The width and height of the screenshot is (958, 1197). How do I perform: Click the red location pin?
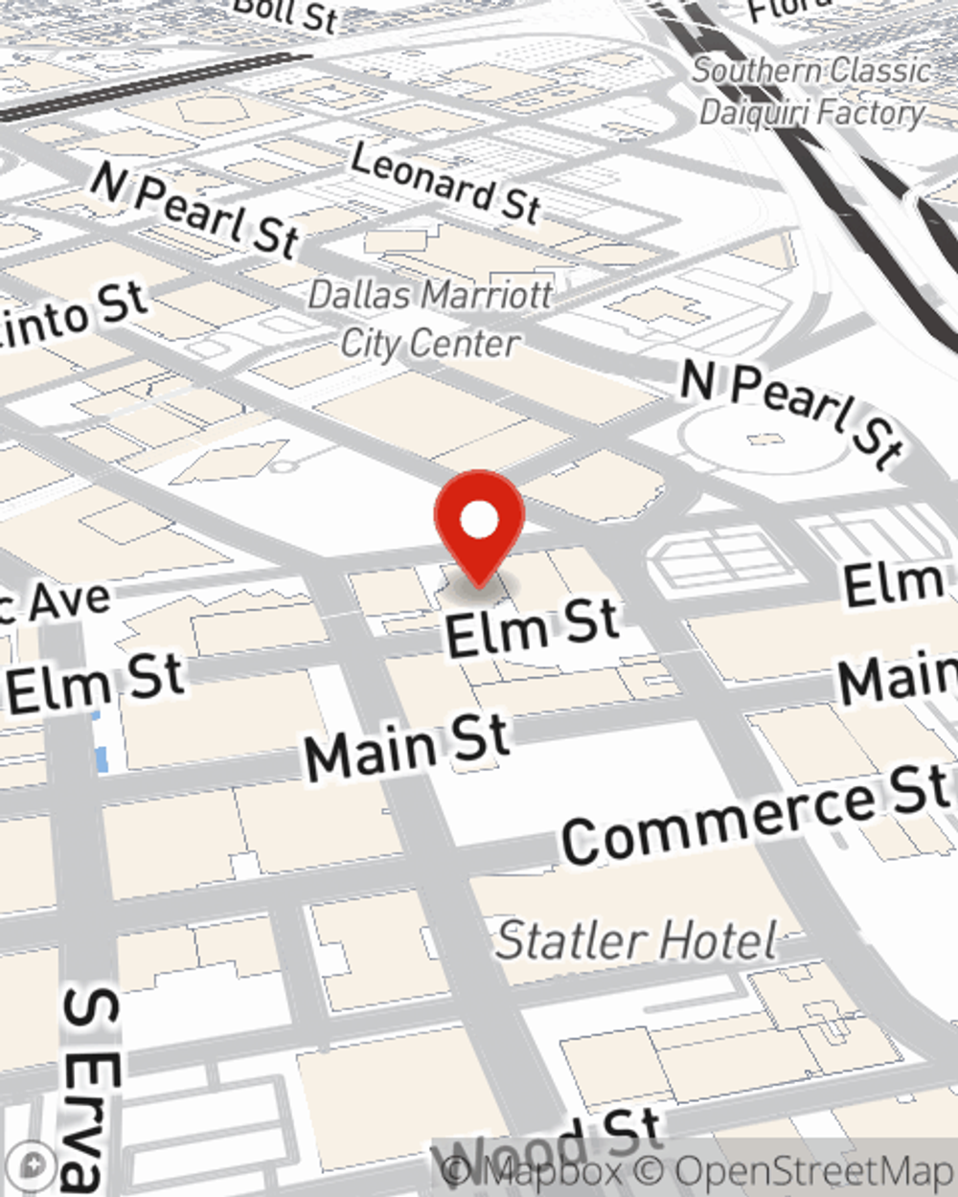(479, 527)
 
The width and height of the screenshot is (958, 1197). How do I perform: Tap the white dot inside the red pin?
(479, 520)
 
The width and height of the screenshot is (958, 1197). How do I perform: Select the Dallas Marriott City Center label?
(430, 319)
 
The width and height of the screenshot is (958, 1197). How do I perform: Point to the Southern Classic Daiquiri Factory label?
(811, 92)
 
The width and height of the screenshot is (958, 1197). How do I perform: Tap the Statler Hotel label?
(637, 940)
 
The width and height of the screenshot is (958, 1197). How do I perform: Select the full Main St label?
(406, 745)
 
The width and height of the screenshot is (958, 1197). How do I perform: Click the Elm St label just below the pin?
(533, 627)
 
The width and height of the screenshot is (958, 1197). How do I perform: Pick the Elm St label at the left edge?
(95, 682)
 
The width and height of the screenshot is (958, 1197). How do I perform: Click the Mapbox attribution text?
(536, 1171)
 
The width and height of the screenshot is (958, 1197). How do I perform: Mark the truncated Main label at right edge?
(898, 678)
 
